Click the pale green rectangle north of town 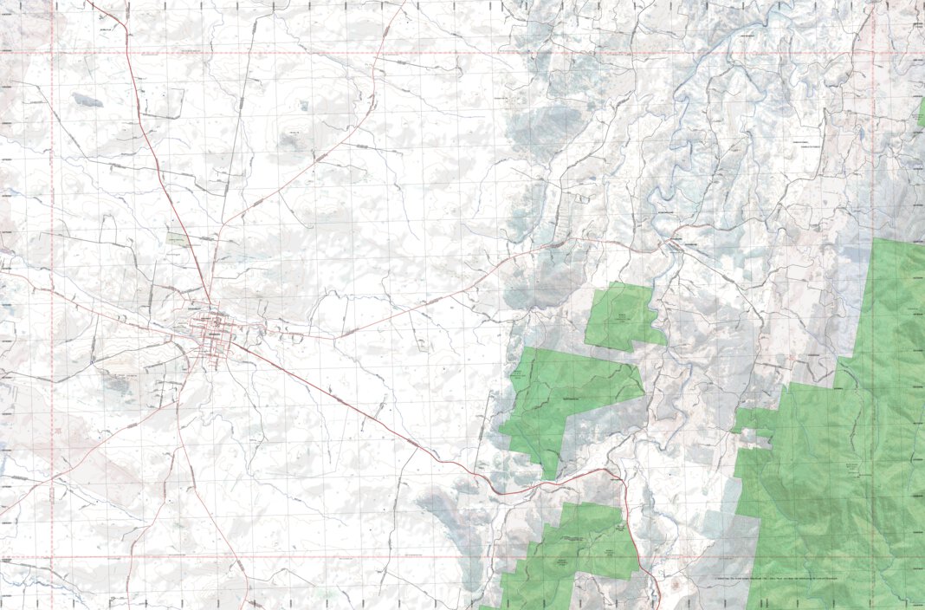[x=178, y=237]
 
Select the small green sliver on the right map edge [x=922, y=113]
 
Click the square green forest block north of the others [x=622, y=315]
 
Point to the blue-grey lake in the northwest [x=87, y=101]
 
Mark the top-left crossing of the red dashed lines [x=51, y=53]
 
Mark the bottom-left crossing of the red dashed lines [x=51, y=555]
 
